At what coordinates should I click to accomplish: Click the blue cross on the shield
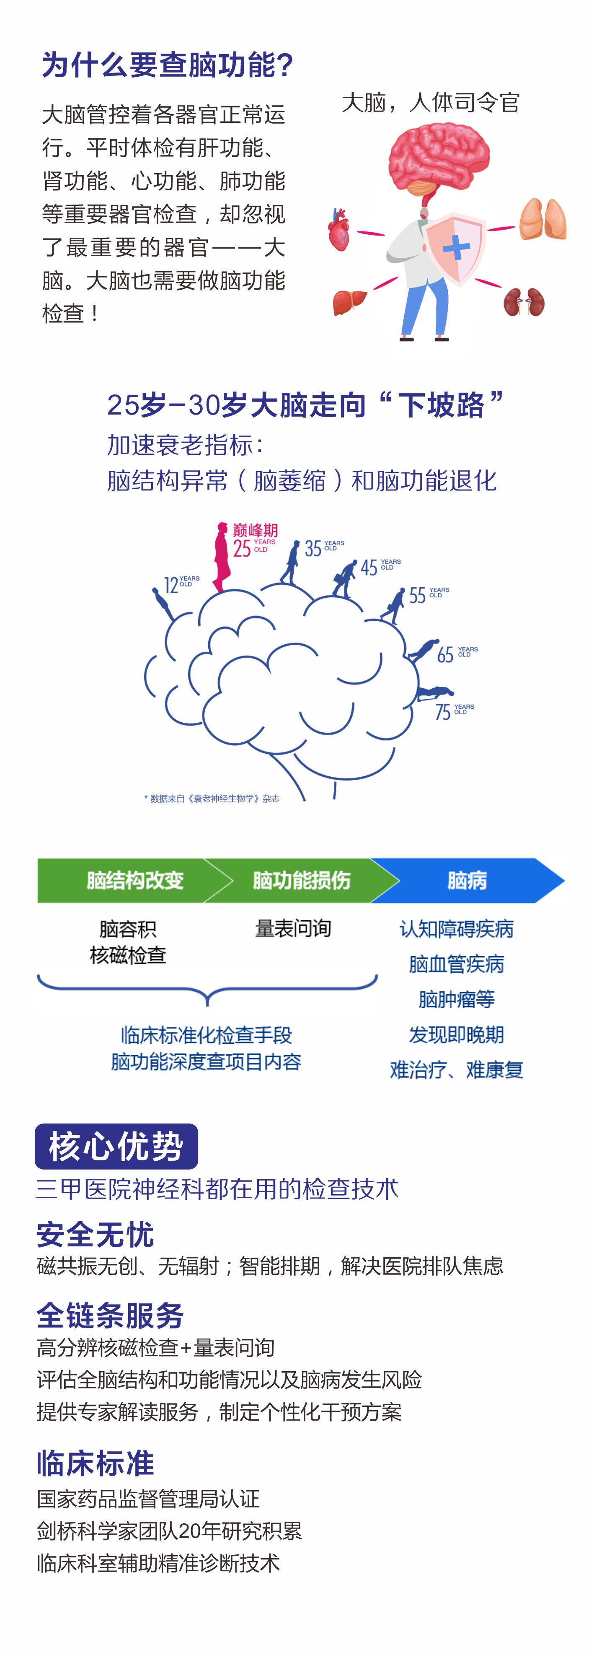(x=456, y=247)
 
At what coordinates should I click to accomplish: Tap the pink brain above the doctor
(x=439, y=156)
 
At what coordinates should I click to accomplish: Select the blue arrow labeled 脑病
(x=467, y=880)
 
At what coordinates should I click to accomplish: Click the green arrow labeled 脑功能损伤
(x=300, y=880)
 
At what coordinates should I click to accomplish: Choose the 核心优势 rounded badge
(x=116, y=1146)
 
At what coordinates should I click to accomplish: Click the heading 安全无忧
(x=95, y=1234)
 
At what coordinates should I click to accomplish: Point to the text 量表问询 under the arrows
(x=293, y=928)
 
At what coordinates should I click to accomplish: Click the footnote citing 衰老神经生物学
(x=212, y=799)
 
